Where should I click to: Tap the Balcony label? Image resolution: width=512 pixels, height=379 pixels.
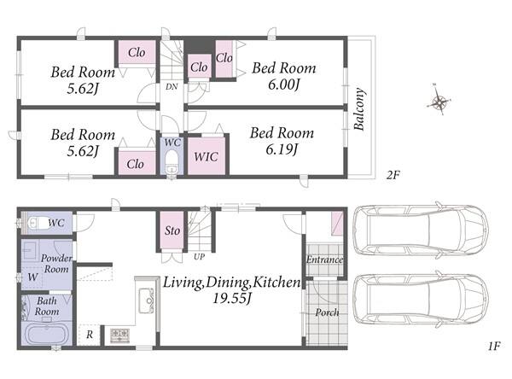tap(359, 109)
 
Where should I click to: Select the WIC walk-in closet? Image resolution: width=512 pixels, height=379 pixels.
tap(206, 155)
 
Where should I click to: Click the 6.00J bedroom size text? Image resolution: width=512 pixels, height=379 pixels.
tap(284, 85)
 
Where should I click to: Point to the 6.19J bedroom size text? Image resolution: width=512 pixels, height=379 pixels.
tap(282, 149)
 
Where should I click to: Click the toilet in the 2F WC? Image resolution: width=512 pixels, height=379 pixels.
tap(171, 160)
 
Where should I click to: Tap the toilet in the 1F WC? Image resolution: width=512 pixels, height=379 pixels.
tap(38, 224)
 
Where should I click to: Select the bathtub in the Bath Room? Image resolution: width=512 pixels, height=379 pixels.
tap(47, 334)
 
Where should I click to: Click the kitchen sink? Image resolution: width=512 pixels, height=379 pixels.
tap(146, 300)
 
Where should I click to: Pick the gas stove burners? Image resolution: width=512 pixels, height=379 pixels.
tap(119, 335)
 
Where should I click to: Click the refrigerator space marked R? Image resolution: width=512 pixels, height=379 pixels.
tap(89, 335)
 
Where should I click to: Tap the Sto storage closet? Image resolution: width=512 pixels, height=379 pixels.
tap(172, 230)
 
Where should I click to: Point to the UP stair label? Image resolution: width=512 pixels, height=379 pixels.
tap(199, 257)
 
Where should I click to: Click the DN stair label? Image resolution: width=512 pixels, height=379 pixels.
tap(172, 86)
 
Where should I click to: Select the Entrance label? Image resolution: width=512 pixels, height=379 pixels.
tap(324, 259)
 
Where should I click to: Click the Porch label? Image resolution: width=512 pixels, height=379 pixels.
tap(327, 312)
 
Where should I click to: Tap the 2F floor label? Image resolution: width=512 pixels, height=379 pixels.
tap(393, 175)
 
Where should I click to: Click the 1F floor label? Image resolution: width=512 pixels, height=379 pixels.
tap(494, 346)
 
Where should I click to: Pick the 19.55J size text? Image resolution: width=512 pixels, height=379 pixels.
tap(232, 298)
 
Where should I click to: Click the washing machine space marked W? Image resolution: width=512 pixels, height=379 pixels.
tap(32, 277)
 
